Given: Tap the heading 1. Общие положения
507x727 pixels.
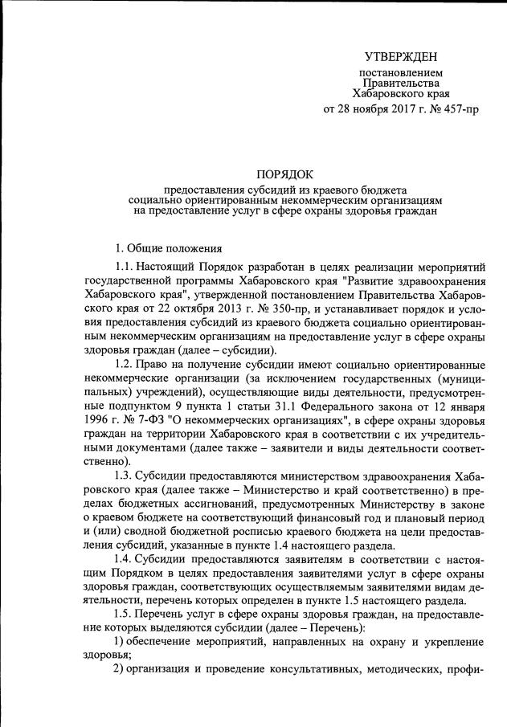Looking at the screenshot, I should coord(164,247).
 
